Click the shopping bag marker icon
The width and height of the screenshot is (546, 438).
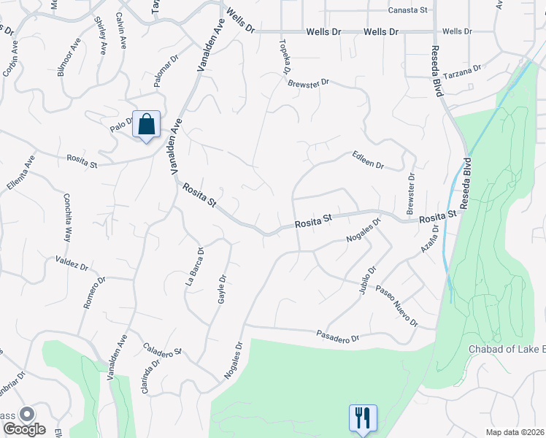146,125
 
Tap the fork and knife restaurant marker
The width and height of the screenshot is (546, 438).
363,418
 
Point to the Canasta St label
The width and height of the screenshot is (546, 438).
407,10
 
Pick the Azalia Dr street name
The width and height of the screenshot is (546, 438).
429,239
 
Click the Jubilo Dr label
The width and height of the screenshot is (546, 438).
366,280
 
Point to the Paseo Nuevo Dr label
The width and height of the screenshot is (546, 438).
396,306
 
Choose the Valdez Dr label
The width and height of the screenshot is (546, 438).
71,262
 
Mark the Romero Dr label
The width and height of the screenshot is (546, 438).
94,292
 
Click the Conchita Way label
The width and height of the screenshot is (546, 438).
67,218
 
